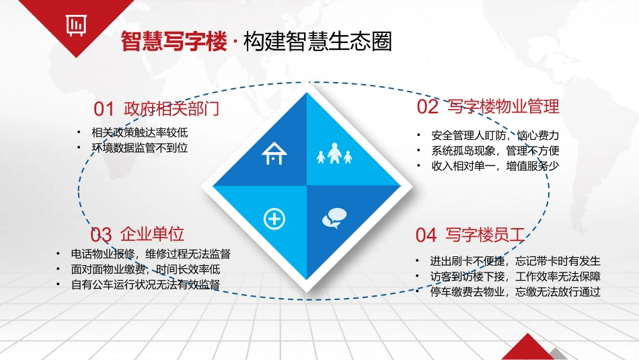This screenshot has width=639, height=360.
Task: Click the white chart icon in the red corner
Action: pos(75,24)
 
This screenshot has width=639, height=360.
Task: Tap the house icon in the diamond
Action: pos(274,155)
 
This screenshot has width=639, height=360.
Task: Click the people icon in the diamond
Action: pos(334,156)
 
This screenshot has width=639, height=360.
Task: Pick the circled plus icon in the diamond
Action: pos(274,218)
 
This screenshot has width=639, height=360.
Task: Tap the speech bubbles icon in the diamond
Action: pos(334,217)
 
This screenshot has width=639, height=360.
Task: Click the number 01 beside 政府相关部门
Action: pos(104,108)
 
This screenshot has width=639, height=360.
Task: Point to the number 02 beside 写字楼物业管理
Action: pos(428,107)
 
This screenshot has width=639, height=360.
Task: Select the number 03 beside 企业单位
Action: pos(101,234)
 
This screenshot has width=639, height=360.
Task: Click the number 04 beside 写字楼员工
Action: pos(426,235)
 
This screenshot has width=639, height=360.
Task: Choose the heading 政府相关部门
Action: pos(172,108)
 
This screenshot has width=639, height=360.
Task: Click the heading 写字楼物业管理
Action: pos(503,106)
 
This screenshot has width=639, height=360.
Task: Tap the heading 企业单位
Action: pos(152,234)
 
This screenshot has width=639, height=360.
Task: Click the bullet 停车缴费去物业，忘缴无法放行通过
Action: pos(515,292)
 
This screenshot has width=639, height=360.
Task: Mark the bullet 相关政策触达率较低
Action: pos(130,132)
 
